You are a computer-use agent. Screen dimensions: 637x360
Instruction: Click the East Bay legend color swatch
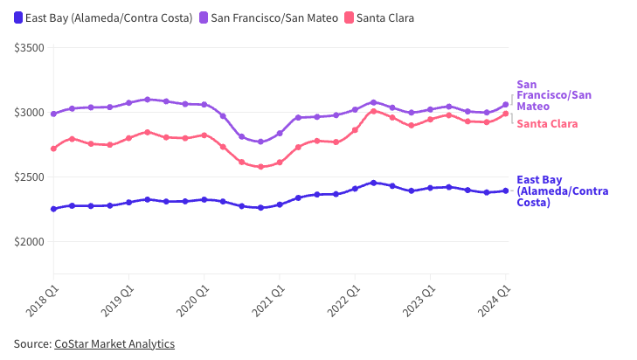tap(18, 17)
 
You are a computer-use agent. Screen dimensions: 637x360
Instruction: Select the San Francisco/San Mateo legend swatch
tap(204, 17)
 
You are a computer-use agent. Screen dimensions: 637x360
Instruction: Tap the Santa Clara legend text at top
tap(385, 17)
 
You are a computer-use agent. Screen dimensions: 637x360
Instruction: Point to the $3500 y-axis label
tap(29, 48)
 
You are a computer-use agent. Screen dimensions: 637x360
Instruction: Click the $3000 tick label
tap(29, 113)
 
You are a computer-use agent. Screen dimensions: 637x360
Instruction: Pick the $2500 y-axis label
tap(29, 177)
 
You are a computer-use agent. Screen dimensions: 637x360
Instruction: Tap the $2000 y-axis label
tap(29, 242)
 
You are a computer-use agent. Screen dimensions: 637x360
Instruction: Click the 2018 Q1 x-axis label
tap(42, 301)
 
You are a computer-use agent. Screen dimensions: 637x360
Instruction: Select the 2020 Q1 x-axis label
tap(193, 301)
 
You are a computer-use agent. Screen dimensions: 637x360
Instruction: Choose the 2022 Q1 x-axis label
tap(343, 301)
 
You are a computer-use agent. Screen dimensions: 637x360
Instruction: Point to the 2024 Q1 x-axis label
tap(494, 301)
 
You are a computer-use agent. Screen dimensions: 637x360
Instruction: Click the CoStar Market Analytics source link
tap(114, 343)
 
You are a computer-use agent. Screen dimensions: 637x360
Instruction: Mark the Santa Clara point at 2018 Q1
tap(53, 149)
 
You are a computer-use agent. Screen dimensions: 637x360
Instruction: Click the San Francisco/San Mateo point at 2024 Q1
tap(506, 105)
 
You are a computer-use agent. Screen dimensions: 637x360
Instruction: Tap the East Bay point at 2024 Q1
tap(506, 191)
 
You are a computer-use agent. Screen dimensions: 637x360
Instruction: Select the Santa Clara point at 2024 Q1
tap(506, 114)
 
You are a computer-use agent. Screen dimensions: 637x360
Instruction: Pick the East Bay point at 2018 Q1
tap(53, 209)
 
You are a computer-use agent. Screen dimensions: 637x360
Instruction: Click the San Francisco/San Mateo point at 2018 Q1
tap(53, 114)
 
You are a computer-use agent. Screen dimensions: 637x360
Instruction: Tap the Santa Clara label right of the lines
tap(547, 124)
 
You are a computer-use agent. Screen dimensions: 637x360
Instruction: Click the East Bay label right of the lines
tap(562, 191)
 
